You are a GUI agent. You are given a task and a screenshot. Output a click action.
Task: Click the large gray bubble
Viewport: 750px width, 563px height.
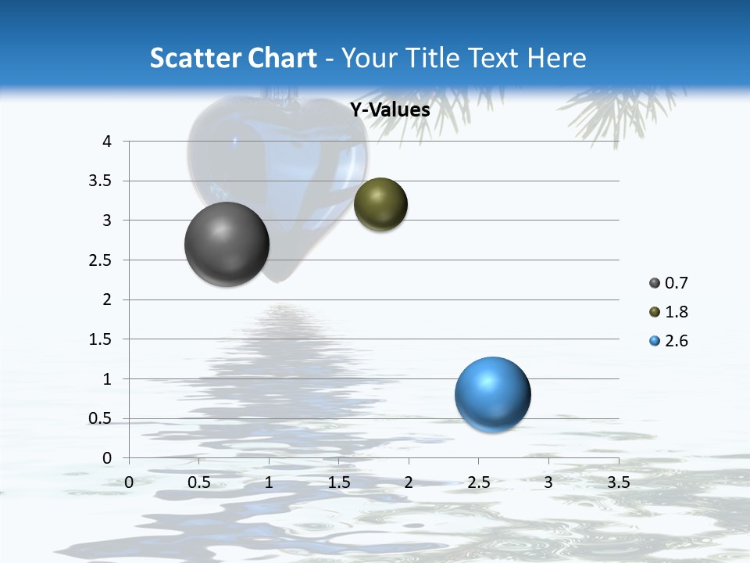[x=227, y=244]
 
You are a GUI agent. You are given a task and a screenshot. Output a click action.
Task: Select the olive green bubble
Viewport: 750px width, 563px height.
[x=380, y=205]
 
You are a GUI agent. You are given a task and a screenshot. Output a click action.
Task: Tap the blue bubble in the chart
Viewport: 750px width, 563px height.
[x=492, y=394]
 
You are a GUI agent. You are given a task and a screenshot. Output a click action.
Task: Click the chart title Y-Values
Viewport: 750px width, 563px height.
[x=390, y=110]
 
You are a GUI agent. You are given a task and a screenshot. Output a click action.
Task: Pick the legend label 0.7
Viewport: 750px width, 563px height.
[x=676, y=283]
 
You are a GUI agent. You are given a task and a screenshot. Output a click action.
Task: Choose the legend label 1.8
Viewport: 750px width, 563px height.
[x=676, y=312]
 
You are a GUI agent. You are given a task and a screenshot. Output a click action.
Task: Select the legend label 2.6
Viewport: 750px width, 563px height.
[x=676, y=341]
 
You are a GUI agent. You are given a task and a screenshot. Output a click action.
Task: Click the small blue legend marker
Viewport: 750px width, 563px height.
[x=655, y=341]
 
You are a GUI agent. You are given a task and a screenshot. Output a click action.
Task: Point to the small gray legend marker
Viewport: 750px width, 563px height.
[x=655, y=283]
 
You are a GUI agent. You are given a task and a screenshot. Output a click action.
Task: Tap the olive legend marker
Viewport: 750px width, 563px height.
[x=655, y=312]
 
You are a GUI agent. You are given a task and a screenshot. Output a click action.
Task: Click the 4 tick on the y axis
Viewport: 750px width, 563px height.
[x=107, y=142]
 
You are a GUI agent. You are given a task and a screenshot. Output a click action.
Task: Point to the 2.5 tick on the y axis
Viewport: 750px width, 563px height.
[x=102, y=260]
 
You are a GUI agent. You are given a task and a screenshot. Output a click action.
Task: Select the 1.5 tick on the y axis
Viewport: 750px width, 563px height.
[x=102, y=339]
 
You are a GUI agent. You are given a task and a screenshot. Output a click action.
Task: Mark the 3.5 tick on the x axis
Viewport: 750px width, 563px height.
[x=618, y=482]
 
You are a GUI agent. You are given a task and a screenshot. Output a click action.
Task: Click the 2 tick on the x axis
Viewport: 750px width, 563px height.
[x=409, y=482]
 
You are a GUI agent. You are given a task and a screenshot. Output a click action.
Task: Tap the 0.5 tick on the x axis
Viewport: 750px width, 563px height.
[x=199, y=482]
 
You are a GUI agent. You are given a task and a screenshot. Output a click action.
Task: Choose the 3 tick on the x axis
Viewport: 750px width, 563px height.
[x=548, y=482]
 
